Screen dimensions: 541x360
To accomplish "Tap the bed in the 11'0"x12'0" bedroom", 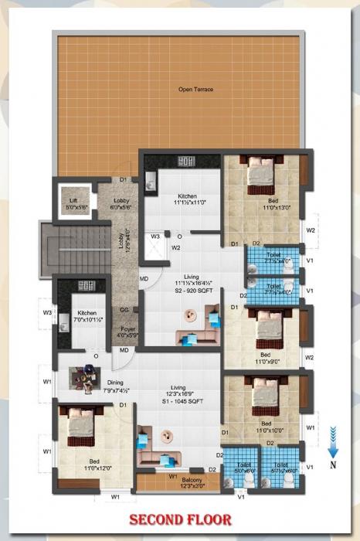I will [x=81, y=425].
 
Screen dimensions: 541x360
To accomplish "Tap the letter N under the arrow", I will [x=332, y=465].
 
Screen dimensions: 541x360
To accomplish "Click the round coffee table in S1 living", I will [x=164, y=437].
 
